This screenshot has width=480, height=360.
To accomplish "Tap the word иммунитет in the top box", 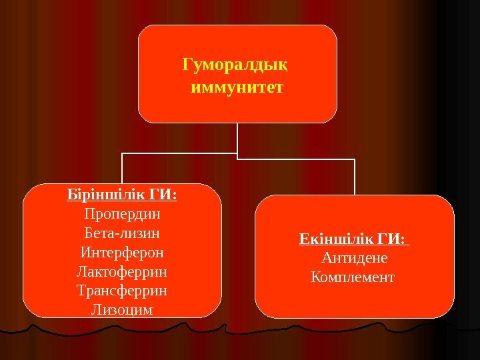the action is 237,87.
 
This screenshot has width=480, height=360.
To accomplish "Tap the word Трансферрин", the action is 123,291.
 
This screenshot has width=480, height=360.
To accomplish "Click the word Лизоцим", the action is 123,310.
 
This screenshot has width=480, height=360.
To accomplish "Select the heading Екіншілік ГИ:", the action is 354,239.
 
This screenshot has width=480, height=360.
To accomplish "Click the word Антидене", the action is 354,257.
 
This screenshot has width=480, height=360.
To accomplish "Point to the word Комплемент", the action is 353,276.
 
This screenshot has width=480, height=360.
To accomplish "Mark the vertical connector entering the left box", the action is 122,168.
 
